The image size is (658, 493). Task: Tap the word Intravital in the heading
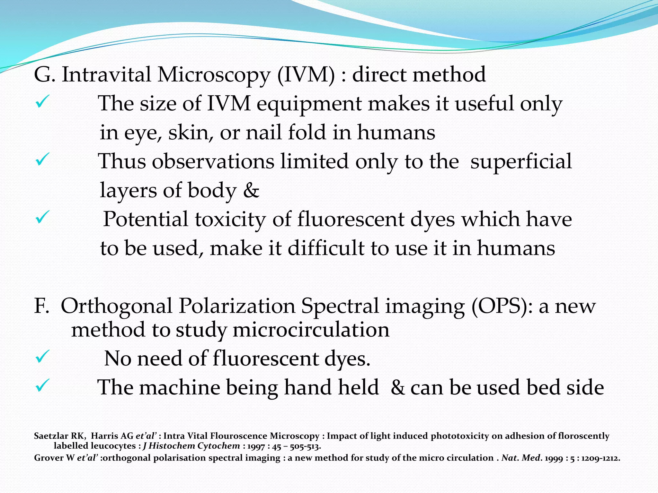[106, 74]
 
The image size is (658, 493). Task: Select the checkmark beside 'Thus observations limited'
[42, 159]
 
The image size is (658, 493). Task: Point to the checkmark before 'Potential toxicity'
[42, 217]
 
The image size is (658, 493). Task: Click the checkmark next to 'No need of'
[42, 356]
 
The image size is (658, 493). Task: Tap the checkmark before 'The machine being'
[42, 385]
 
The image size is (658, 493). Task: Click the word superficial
[521, 161]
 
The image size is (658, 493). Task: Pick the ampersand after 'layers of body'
[251, 190]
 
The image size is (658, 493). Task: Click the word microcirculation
[311, 330]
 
